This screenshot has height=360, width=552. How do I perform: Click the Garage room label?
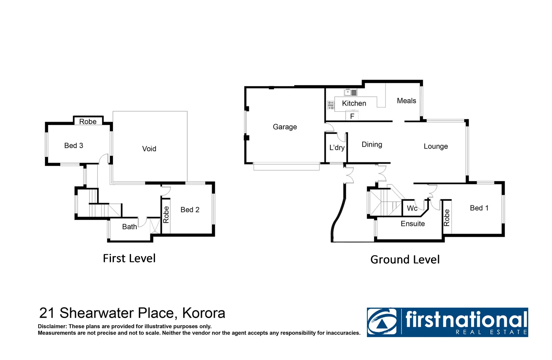point(285,127)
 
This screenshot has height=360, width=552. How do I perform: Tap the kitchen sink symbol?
point(350,92)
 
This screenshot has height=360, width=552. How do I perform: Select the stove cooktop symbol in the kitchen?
point(331,105)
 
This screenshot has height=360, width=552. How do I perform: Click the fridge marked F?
point(352,116)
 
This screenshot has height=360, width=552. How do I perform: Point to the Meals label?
point(406,101)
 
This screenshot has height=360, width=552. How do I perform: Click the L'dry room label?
point(337,148)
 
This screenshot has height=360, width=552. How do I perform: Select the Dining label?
point(372,144)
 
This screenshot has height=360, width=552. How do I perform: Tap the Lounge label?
point(435,146)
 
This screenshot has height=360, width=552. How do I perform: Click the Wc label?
point(412,208)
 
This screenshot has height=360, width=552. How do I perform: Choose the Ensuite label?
point(413,224)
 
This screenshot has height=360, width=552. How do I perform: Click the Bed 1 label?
point(479,208)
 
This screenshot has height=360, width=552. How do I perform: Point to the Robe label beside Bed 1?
point(447,218)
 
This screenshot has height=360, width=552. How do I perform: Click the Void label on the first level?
point(149,149)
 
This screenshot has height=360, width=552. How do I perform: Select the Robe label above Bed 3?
point(88,122)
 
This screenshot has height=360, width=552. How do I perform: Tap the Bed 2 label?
point(190,210)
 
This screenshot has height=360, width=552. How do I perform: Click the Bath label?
point(129,227)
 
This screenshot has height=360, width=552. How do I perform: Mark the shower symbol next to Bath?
point(155,226)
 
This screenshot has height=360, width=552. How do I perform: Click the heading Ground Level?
point(405,259)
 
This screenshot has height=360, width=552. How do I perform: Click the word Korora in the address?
point(204,313)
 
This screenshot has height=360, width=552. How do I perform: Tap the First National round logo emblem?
point(382,322)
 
